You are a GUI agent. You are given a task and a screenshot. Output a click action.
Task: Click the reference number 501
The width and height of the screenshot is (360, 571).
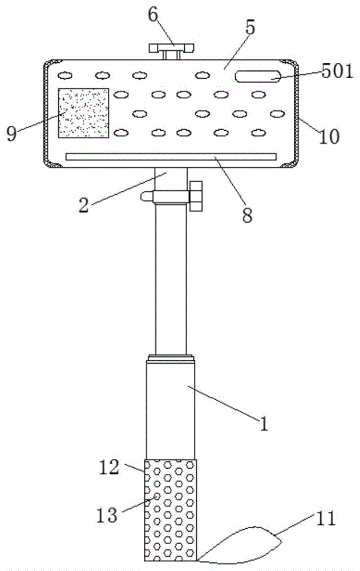(x=337, y=71)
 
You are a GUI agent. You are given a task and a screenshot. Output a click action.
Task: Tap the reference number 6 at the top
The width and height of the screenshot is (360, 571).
(x=153, y=15)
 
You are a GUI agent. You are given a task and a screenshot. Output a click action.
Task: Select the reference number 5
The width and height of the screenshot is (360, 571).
(x=250, y=27)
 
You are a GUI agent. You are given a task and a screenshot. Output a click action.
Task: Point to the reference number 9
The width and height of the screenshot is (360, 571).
(x=11, y=134)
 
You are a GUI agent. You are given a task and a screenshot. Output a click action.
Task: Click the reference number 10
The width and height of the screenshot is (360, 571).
(x=329, y=137)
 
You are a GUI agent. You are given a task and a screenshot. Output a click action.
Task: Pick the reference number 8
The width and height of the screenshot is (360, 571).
(x=247, y=215)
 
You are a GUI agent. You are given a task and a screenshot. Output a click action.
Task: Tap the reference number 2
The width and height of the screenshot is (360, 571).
(x=84, y=206)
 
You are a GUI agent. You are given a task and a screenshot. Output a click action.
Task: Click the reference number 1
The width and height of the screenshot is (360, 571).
(x=264, y=424)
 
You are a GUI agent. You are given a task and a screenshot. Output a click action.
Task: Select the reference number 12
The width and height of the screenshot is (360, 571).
(x=109, y=467)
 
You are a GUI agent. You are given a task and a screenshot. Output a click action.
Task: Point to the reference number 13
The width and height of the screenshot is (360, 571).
(x=107, y=515)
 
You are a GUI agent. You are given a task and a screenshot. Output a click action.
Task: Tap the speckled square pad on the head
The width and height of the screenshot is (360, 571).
(x=84, y=113)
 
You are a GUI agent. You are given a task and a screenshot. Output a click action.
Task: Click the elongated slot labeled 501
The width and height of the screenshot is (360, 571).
(x=258, y=76)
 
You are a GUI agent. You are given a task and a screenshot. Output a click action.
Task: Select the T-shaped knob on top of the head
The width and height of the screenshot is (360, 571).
(x=171, y=51)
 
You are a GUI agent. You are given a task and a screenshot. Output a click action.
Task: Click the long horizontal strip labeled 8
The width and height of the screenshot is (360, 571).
(x=171, y=157)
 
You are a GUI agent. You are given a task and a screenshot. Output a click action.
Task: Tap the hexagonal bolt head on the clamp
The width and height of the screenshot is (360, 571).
(x=196, y=196)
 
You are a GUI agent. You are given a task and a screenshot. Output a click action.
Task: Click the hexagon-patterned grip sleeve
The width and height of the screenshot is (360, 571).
(x=171, y=510)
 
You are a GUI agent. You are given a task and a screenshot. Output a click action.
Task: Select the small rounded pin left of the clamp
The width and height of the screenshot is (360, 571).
(x=147, y=196)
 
